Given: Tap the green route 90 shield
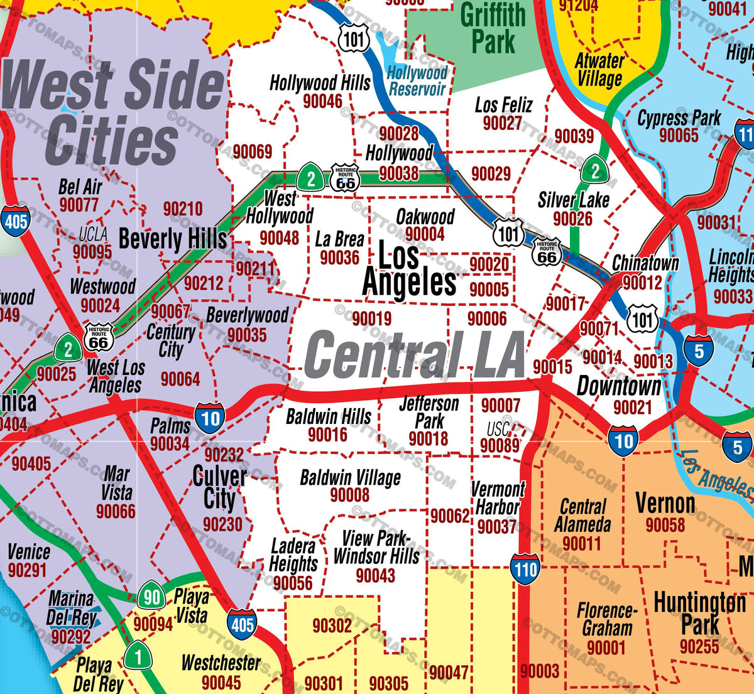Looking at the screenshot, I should click(x=151, y=597).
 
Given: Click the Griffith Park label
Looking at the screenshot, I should click(x=493, y=28).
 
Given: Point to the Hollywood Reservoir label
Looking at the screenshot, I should click(x=417, y=81).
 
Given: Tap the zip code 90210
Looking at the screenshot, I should click(x=183, y=209).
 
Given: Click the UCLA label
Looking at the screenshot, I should click(x=93, y=234).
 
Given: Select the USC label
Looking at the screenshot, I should click(x=499, y=429).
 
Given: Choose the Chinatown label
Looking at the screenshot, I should click(x=645, y=263).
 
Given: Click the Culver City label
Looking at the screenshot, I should click(x=219, y=488).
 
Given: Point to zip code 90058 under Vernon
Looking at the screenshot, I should click(x=665, y=525).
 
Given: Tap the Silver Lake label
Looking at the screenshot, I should click(x=574, y=200).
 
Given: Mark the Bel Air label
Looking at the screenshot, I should click(x=80, y=187).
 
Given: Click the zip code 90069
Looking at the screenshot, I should click(x=253, y=151).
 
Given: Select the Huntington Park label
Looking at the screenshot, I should click(x=700, y=614).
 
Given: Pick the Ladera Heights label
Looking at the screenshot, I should click(x=293, y=555).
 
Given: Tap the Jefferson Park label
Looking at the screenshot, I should click(x=429, y=412).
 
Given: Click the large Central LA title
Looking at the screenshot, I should click(x=414, y=355).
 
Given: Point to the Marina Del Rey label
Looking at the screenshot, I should click(x=71, y=608).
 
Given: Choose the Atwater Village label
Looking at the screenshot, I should click(x=599, y=70).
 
